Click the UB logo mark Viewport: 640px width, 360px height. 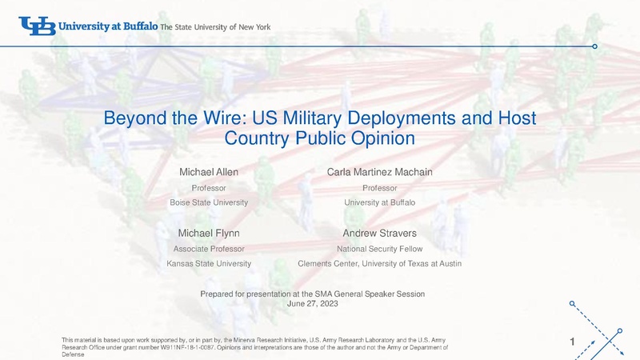coord(37,26)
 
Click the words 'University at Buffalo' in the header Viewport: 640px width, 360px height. coord(108,26)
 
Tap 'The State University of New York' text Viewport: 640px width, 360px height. coord(215,27)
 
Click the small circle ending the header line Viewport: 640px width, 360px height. coord(594,46)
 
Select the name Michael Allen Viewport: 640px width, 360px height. coord(209,172)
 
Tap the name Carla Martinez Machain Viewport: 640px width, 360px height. coord(379,172)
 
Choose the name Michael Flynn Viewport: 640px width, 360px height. coord(209,234)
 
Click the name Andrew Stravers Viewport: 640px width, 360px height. coord(379,234)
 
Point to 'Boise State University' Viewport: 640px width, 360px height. coord(209,203)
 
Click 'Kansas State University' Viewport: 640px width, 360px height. coord(209,264)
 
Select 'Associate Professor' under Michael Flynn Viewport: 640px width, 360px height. coord(209,249)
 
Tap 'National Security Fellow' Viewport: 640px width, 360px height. coord(379,249)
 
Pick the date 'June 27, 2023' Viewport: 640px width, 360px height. coord(312,304)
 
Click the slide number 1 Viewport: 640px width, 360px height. coord(572,342)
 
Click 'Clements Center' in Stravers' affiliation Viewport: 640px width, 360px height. coord(329,264)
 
